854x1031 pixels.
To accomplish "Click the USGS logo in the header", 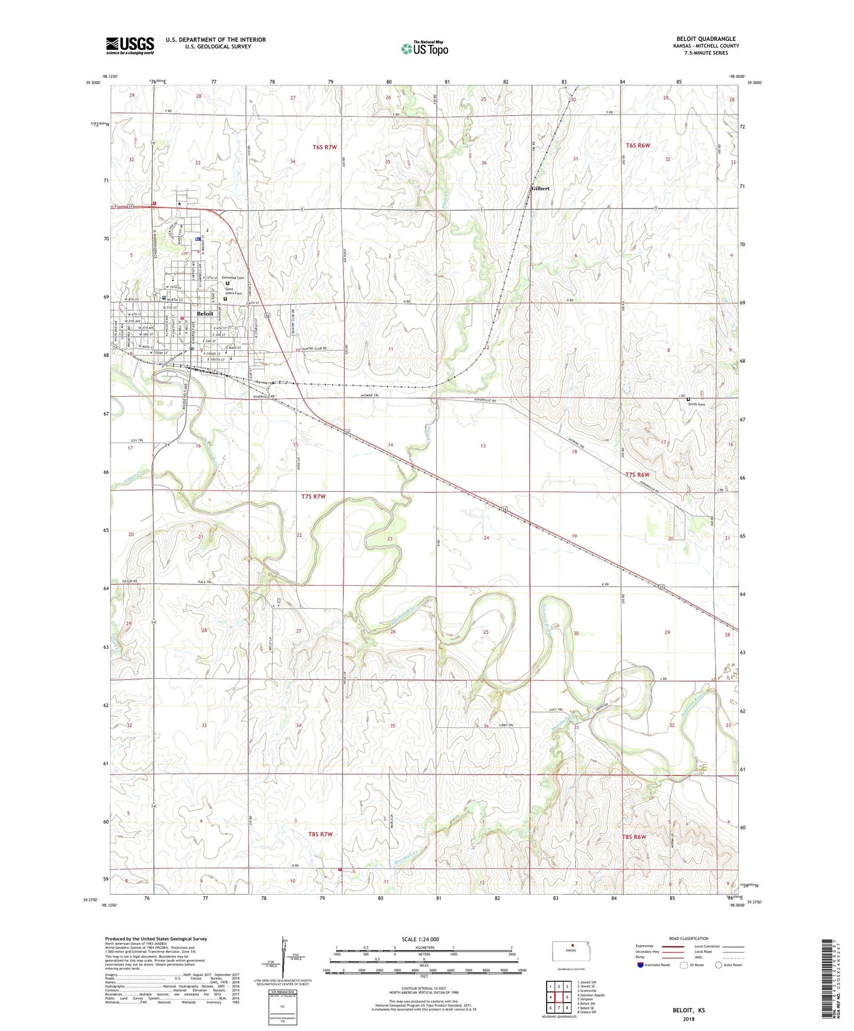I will tap(130, 45).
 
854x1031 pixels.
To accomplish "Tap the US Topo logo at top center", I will tap(424, 48).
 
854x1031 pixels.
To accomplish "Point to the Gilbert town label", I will tap(540, 189).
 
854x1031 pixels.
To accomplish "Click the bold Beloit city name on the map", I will tap(205, 314).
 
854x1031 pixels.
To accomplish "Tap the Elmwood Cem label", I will tap(233, 278).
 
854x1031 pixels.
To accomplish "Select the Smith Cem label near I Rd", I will tap(697, 404).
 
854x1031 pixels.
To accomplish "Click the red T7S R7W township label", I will tap(313, 497).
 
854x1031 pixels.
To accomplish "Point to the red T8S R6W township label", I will tap(634, 837).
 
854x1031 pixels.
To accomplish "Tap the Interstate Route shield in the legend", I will tap(641, 965).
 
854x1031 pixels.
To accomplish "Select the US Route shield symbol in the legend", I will tap(684, 965).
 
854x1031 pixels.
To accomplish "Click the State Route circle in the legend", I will tap(719, 965).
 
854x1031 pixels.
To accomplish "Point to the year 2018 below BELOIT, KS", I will tap(689, 1019).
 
